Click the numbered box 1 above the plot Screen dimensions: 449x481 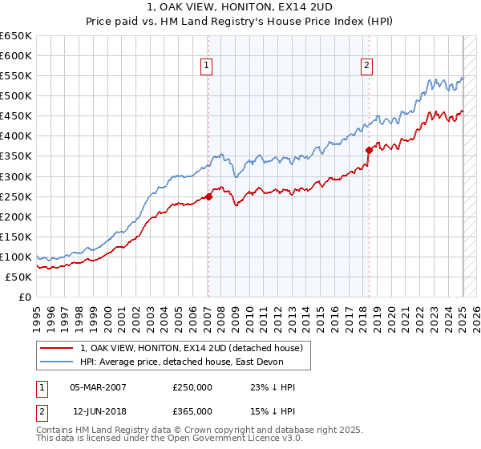pyautogui.click(x=207, y=66)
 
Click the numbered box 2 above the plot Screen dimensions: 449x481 pyautogui.click(x=366, y=66)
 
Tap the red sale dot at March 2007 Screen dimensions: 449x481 pyautogui.click(x=208, y=196)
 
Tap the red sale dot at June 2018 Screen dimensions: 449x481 pyautogui.click(x=370, y=149)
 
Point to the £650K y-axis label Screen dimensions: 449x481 pyautogui.click(x=16, y=36)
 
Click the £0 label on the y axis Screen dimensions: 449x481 pyautogui.click(x=26, y=297)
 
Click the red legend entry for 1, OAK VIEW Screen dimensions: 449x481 pyautogui.click(x=191, y=348)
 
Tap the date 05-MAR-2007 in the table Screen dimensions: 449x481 pyautogui.click(x=98, y=387)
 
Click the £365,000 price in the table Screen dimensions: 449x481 pyautogui.click(x=192, y=411)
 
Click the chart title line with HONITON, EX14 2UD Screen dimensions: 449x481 pyautogui.click(x=240, y=8)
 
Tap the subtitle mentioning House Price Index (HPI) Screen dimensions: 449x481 pyautogui.click(x=240, y=22)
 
